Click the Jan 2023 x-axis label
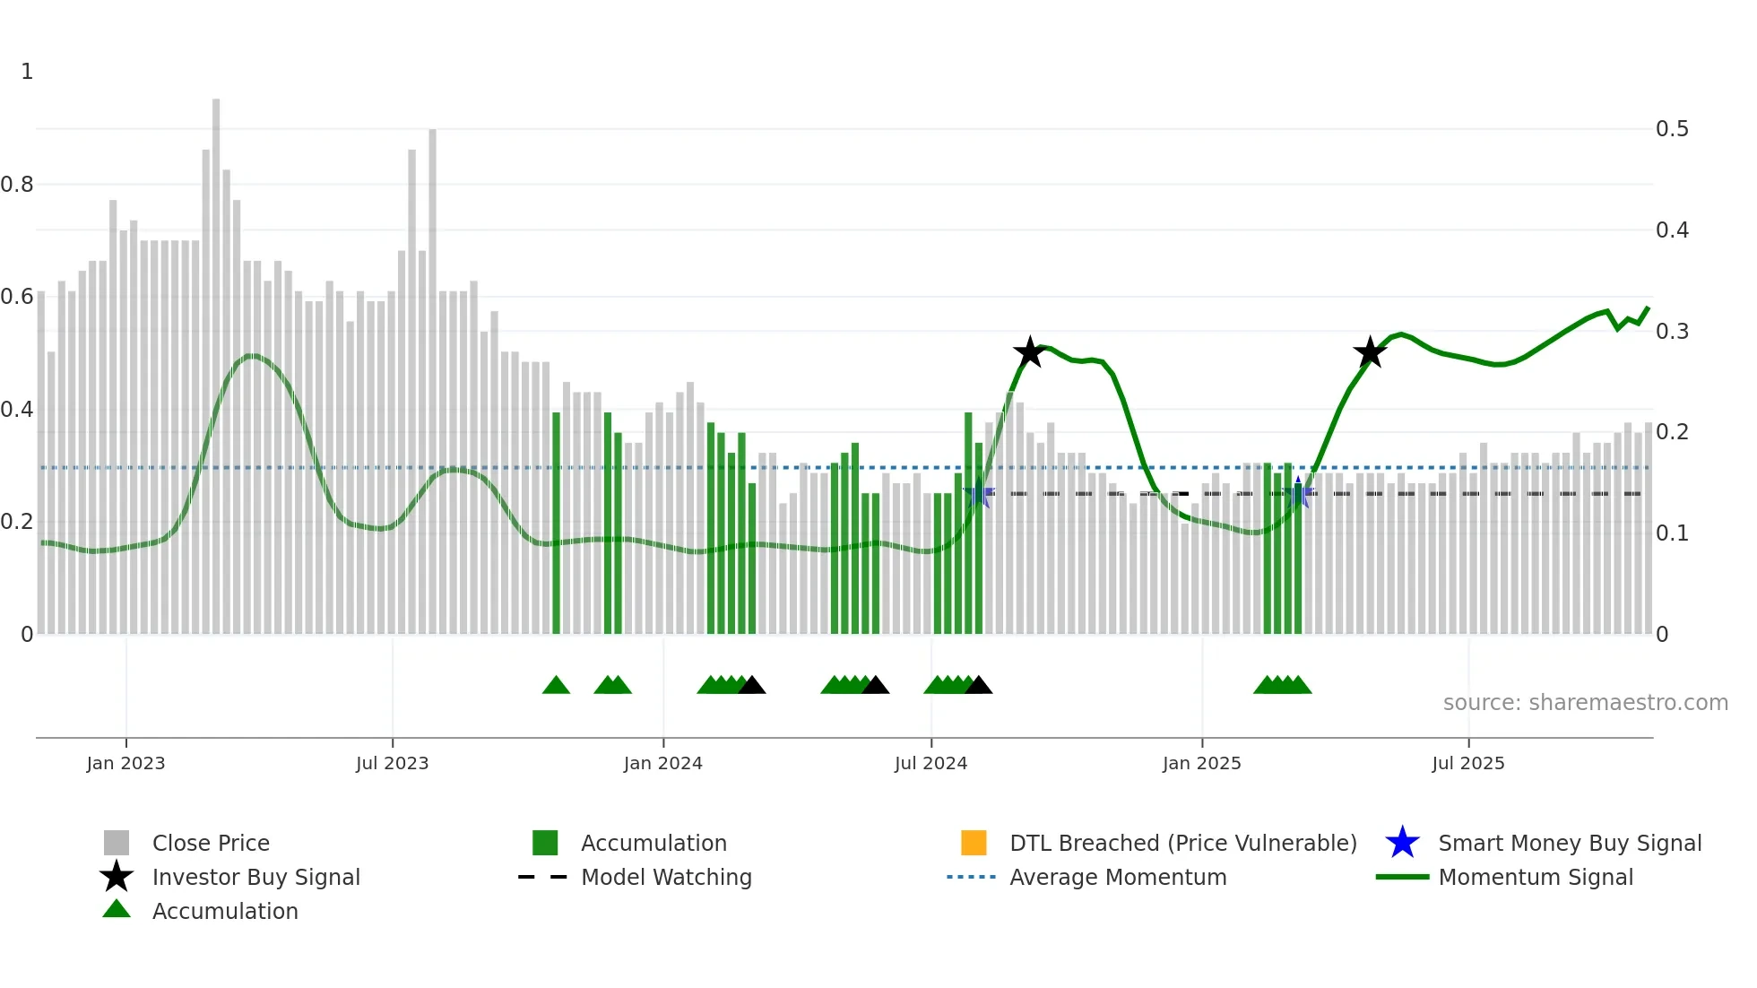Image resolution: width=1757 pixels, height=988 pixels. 125,763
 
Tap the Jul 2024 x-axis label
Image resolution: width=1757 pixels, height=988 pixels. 930,763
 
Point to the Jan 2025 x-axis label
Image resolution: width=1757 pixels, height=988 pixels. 1201,763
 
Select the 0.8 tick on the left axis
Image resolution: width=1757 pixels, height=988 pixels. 17,185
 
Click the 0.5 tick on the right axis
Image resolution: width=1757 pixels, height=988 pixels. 1672,129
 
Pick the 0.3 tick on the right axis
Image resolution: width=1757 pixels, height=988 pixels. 1672,332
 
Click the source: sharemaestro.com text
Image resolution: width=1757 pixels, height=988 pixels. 1585,703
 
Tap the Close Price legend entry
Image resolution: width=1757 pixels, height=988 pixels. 210,843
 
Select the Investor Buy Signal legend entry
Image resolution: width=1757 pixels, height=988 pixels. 255,877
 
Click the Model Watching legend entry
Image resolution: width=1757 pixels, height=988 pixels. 665,877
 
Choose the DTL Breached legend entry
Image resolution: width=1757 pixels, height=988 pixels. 1182,843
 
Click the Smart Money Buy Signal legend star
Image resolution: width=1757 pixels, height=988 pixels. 1402,843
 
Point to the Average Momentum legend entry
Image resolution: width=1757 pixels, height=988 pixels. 1117,877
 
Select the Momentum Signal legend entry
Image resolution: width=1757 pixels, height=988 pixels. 1535,877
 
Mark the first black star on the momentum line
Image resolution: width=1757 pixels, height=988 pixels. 1030,352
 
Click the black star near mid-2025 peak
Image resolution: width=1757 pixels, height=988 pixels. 1369,352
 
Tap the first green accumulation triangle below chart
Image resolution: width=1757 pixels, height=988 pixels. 556,686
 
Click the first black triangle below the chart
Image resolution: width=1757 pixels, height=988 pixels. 751,686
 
